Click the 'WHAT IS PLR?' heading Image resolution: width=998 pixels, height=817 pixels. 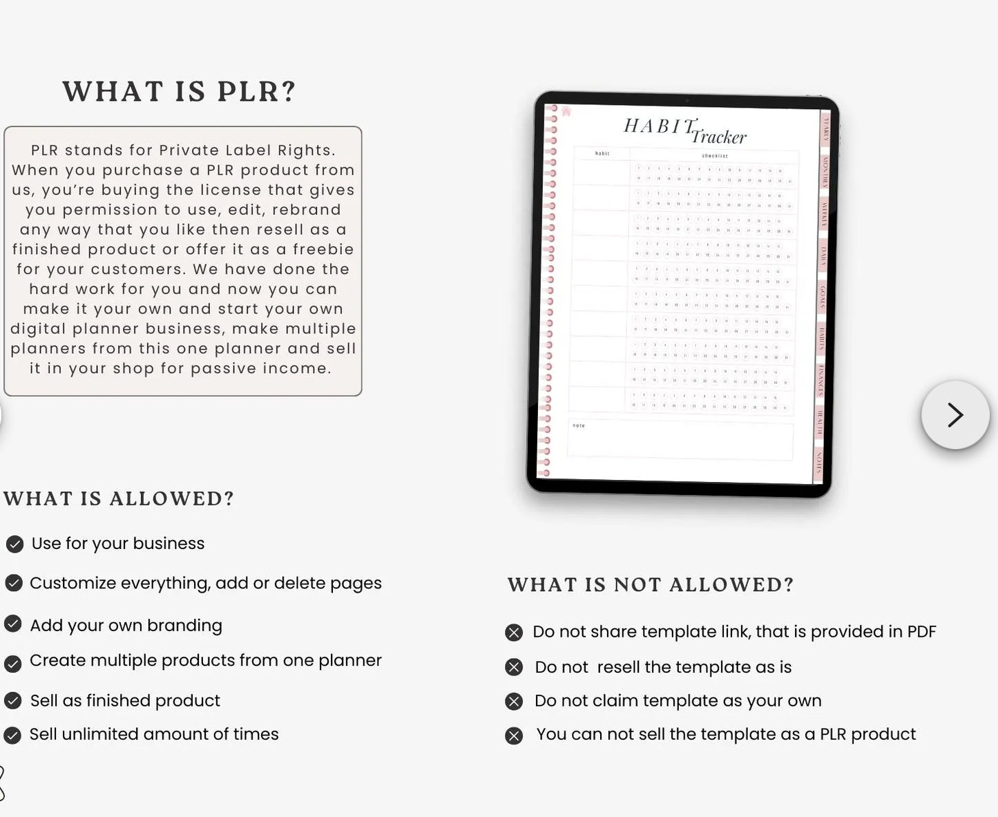[x=180, y=92]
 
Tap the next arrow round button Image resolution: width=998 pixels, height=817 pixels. [x=955, y=415]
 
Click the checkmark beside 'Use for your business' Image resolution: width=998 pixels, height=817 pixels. [x=15, y=544]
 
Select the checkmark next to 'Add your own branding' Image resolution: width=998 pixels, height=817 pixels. [x=13, y=624]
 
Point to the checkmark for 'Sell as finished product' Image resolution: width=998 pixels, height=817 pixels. [x=13, y=701]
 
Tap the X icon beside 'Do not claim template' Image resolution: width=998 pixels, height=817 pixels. [x=514, y=702]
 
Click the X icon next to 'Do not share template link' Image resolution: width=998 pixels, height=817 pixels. [x=514, y=633]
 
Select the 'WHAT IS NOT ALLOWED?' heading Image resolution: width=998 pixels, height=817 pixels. [x=651, y=585]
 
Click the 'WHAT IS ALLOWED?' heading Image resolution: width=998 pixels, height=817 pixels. [x=119, y=499]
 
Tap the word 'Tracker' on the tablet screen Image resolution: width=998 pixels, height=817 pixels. [x=719, y=137]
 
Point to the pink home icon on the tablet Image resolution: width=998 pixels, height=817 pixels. [x=566, y=111]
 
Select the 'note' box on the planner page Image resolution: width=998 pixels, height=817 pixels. [x=680, y=439]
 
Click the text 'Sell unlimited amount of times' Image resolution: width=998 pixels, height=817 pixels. [x=154, y=734]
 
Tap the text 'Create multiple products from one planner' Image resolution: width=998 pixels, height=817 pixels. [x=205, y=660]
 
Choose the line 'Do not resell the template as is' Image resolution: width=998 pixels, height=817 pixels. [x=663, y=667]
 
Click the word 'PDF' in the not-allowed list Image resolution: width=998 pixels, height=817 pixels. [x=921, y=631]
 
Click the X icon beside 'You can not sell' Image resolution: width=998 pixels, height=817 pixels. [x=514, y=736]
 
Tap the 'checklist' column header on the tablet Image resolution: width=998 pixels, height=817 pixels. [x=714, y=156]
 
